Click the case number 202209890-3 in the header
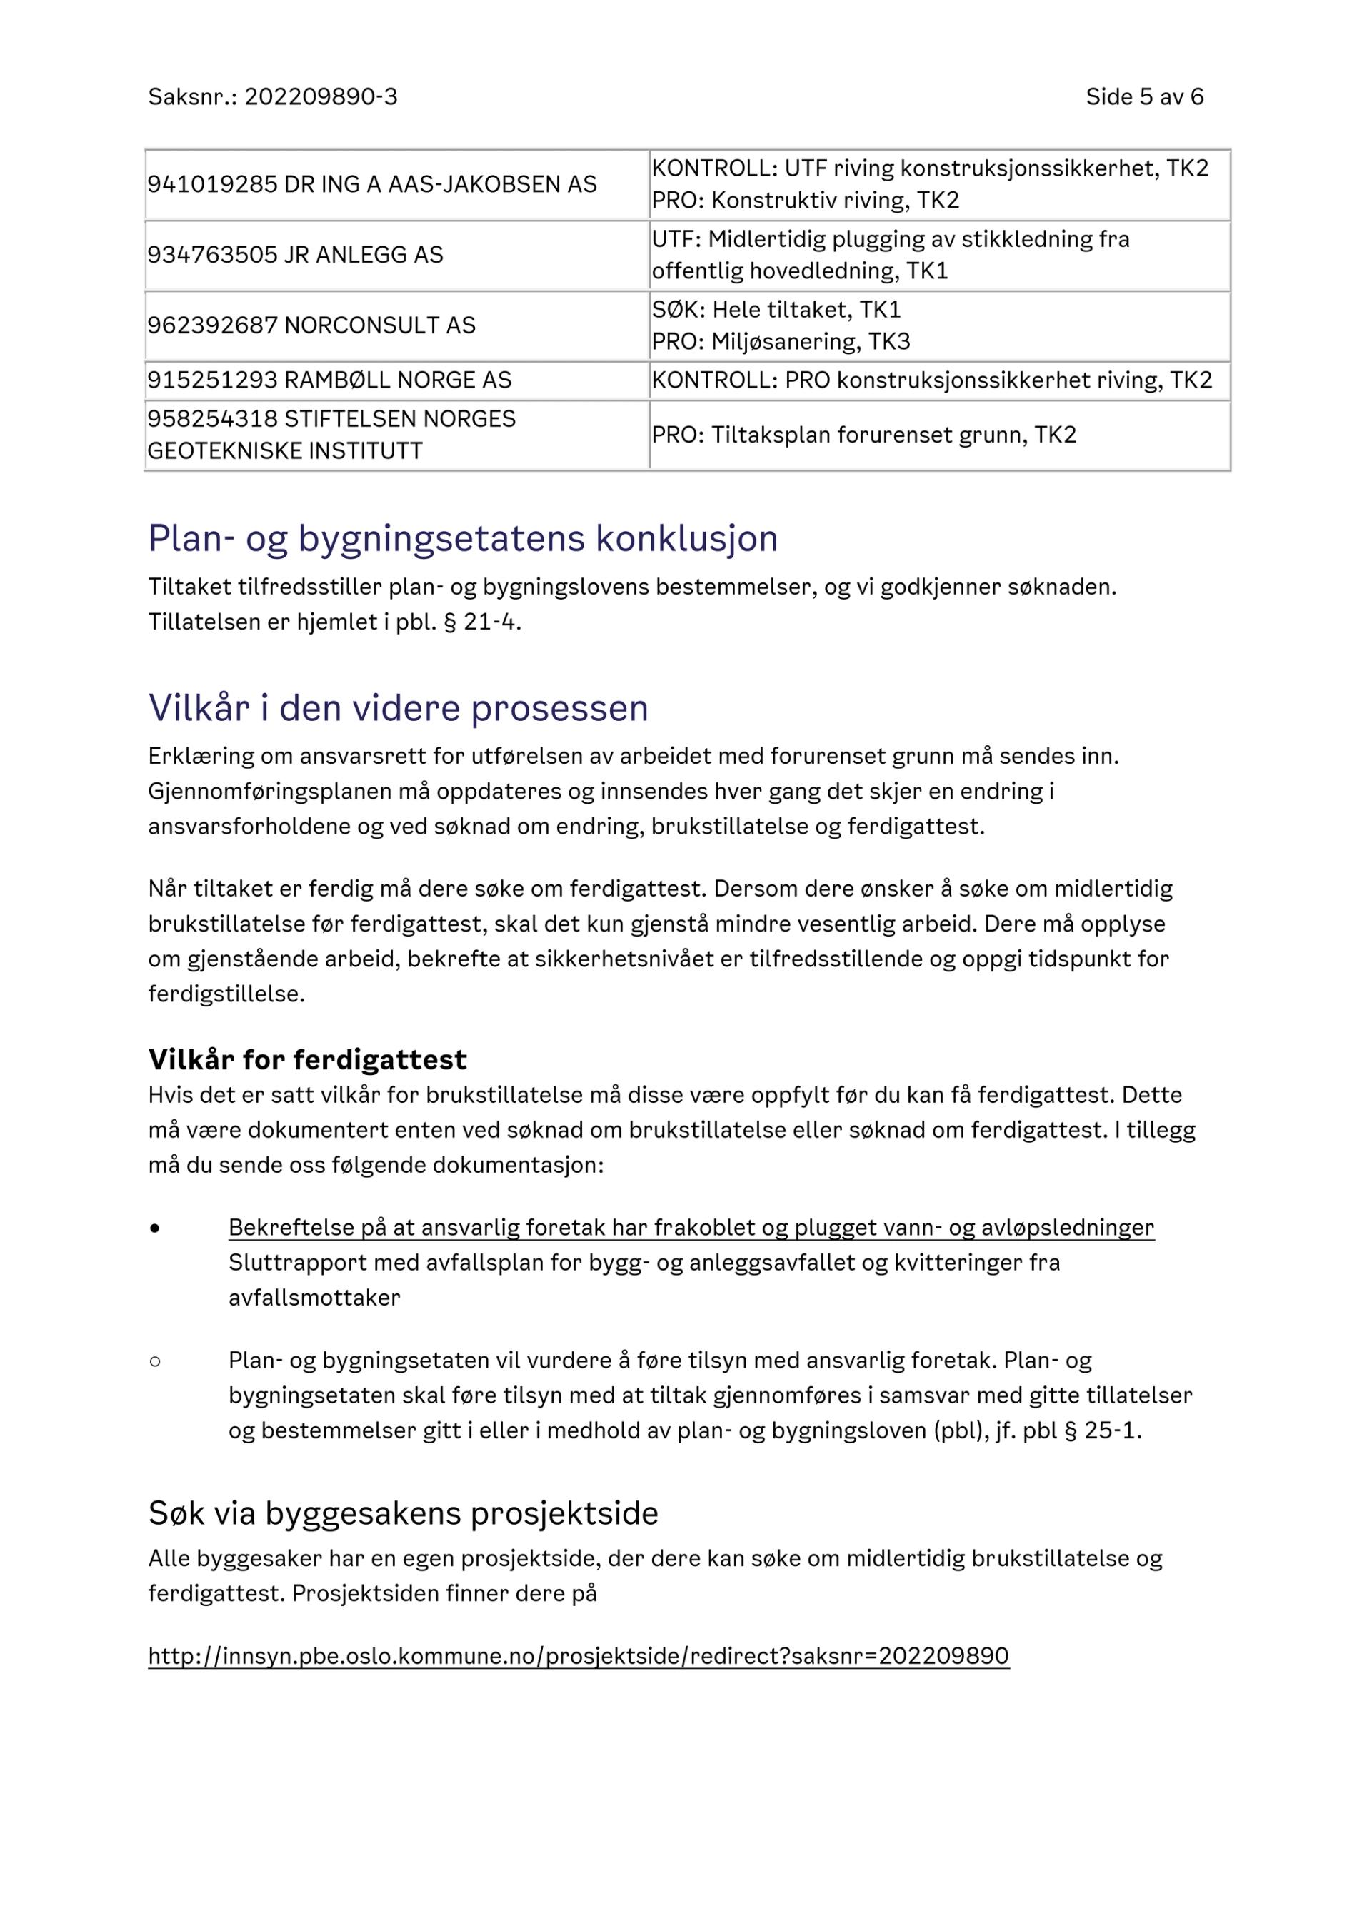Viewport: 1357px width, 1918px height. coord(321,97)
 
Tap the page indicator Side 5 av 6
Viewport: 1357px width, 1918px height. coord(1144,97)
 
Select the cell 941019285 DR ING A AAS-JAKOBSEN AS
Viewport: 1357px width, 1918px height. coord(372,185)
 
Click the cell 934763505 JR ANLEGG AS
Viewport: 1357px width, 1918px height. coord(295,255)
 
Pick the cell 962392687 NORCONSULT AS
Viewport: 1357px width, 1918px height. coord(311,325)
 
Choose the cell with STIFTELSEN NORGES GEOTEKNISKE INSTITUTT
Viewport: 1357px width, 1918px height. coord(331,435)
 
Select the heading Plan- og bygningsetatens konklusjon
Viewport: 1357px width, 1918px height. coord(463,539)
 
